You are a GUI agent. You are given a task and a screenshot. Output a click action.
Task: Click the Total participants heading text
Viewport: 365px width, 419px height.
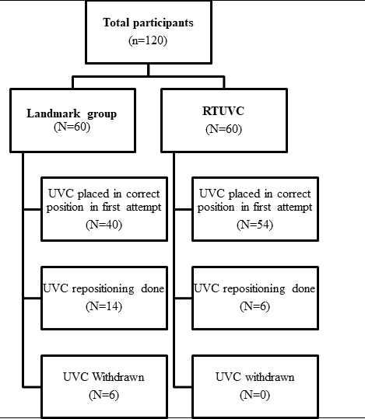pyautogui.click(x=148, y=23)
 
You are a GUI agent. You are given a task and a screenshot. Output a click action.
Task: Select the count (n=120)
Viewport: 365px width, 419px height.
pyautogui.click(x=148, y=40)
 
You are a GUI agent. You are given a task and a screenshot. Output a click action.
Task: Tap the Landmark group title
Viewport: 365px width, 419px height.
pyautogui.click(x=72, y=113)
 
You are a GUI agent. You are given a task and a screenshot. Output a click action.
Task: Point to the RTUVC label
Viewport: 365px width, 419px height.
pyautogui.click(x=223, y=111)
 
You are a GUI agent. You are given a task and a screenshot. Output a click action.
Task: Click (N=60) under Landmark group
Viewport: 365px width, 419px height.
pyautogui.click(x=72, y=127)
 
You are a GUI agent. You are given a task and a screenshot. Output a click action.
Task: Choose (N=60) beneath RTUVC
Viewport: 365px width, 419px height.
pyautogui.click(x=223, y=129)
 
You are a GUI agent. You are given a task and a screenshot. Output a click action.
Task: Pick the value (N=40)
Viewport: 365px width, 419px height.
pyautogui.click(x=104, y=225)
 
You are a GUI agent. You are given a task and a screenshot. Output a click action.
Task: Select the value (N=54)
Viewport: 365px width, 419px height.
pyautogui.click(x=254, y=225)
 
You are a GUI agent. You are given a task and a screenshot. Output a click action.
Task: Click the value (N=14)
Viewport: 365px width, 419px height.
pyautogui.click(x=104, y=306)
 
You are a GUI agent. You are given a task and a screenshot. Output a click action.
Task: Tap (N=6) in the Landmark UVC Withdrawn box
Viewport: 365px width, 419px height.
pyautogui.click(x=104, y=395)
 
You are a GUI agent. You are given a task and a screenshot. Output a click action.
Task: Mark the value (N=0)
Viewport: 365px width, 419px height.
pyautogui.click(x=254, y=395)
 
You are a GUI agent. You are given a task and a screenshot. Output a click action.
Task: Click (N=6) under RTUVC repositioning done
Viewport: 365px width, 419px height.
pyautogui.click(x=254, y=306)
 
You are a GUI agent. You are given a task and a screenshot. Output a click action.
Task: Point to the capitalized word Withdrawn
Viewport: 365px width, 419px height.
pyautogui.click(x=118, y=377)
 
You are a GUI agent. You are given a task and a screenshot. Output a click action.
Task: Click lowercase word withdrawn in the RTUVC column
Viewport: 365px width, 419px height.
pyautogui.click(x=270, y=377)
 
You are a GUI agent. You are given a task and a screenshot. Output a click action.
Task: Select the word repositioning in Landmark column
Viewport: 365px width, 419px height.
pyautogui.click(x=104, y=289)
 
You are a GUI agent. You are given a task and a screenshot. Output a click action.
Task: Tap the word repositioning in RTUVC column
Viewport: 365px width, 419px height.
pyautogui.click(x=254, y=289)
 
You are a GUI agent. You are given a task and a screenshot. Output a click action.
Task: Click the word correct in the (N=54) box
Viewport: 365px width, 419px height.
pyautogui.click(x=294, y=194)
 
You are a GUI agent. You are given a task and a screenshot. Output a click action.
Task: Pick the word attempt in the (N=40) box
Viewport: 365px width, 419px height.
pyautogui.click(x=144, y=208)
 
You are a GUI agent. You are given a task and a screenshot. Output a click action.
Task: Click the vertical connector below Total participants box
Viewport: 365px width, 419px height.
pyautogui.click(x=148, y=70)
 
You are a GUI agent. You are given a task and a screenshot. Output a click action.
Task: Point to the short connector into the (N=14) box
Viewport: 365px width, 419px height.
pyautogui.click(x=33, y=298)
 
